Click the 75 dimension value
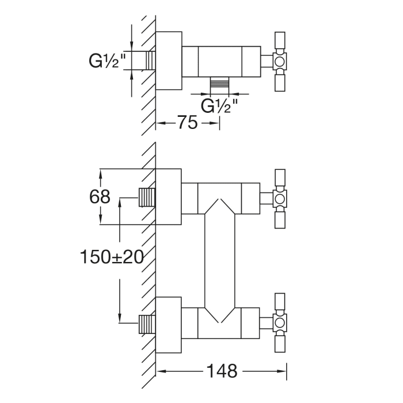[187, 123]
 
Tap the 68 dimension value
[100, 197]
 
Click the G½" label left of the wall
[107, 60]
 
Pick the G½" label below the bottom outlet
[219, 106]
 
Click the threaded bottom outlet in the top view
[219, 84]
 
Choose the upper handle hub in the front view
[280, 199]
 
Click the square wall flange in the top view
[169, 60]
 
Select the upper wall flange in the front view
[169, 197]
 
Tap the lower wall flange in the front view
[169, 324]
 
